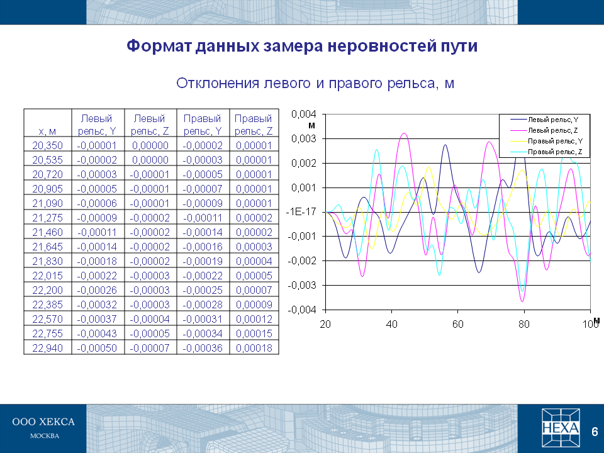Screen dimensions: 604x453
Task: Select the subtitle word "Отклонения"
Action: [217, 83]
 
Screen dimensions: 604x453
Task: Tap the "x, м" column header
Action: [47, 131]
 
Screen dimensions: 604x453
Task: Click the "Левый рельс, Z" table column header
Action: [150, 125]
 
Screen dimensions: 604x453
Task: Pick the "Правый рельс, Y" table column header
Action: [203, 125]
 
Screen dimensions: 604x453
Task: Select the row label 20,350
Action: [47, 145]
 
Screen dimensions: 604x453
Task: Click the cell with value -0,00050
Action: [97, 348]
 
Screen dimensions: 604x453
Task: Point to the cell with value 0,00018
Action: [254, 348]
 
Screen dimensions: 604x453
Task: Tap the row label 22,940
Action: [47, 348]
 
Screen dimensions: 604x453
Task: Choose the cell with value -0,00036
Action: [203, 348]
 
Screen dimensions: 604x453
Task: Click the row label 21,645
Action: [47, 247]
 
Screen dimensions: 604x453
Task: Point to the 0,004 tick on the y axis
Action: [303, 114]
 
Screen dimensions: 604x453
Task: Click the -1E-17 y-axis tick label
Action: [301, 212]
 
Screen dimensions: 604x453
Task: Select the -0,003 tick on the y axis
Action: [302, 286]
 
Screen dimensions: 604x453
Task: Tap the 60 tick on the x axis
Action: [457, 325]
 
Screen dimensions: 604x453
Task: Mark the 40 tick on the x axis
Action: [391, 325]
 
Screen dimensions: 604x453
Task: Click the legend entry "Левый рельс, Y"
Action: [544, 120]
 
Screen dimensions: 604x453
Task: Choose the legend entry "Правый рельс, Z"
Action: [546, 152]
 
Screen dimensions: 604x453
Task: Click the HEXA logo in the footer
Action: [561, 428]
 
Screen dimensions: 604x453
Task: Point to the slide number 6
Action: [595, 432]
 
